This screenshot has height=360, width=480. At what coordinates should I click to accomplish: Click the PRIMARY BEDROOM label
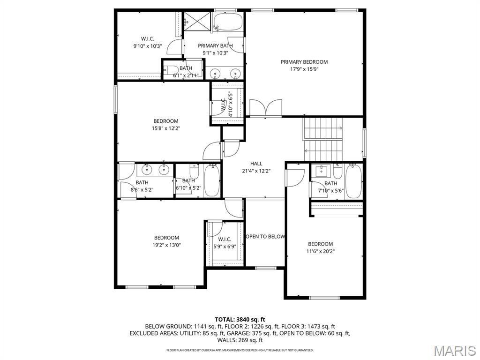(x=304, y=62)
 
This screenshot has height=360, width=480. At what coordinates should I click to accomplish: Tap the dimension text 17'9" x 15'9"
(x=304, y=69)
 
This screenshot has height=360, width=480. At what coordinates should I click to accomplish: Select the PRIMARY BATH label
(x=215, y=45)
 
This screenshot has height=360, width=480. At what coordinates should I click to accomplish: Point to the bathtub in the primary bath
(x=228, y=21)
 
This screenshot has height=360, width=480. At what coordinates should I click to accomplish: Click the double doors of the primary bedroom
(x=265, y=108)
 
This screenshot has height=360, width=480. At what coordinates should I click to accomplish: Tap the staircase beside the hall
(x=323, y=138)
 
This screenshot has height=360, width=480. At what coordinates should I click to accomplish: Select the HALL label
(x=256, y=164)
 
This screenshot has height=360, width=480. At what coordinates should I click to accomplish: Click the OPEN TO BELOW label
(x=265, y=237)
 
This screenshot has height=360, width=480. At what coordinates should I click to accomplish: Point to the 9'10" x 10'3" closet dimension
(x=147, y=46)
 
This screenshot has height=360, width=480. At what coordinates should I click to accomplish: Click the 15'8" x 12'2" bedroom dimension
(x=166, y=128)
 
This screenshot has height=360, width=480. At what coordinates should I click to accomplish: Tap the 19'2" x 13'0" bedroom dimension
(x=166, y=245)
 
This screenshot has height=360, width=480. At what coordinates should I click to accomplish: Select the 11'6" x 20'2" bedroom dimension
(x=321, y=251)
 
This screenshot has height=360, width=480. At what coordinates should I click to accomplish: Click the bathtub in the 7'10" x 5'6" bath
(x=354, y=181)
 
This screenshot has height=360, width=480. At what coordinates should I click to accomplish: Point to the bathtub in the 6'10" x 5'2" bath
(x=211, y=180)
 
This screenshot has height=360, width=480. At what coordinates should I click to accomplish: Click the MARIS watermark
(x=454, y=350)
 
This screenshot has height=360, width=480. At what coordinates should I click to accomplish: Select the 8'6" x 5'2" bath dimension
(x=142, y=190)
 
